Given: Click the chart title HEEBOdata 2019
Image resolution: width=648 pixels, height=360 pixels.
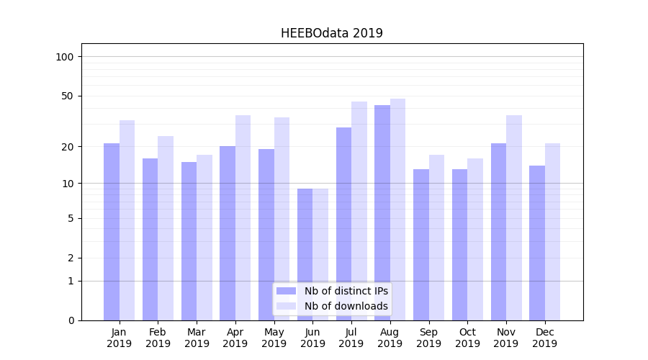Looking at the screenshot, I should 331,33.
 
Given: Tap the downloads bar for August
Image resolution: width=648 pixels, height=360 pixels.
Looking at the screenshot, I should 397,210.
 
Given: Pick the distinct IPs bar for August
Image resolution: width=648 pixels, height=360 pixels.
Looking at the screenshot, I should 382,212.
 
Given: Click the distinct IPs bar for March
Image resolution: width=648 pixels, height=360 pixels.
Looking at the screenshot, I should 189,241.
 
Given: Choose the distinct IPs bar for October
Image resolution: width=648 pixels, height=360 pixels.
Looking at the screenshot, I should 459,245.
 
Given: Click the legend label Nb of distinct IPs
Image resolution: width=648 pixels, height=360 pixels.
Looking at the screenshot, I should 346,291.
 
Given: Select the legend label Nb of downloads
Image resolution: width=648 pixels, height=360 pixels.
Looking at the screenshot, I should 346,306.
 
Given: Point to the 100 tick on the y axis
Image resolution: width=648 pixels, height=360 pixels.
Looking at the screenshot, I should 65,57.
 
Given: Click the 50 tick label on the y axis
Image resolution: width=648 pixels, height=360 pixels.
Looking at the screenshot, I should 68,96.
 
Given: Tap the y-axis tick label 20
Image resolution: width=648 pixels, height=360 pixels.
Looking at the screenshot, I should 68,147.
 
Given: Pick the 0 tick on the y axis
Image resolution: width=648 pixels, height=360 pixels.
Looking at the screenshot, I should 71,320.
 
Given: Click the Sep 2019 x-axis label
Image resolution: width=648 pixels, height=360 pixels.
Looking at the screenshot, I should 428,338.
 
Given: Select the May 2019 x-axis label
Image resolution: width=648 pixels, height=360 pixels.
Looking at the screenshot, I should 274,338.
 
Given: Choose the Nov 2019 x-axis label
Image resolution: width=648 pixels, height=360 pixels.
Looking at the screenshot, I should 506,338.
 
